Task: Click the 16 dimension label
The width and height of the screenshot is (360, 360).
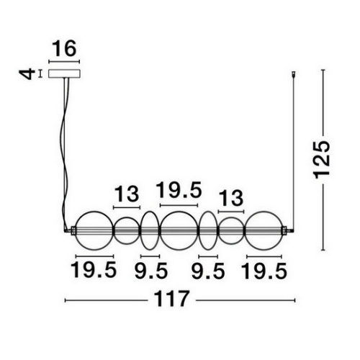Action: coord(64,49)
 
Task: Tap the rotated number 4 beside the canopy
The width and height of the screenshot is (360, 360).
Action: coord(27,74)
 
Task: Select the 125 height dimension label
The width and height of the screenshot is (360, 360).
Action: coord(322,160)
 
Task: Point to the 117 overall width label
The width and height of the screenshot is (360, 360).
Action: coord(171,299)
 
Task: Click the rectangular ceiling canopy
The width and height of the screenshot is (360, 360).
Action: coord(64,73)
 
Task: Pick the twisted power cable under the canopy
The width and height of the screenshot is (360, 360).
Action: coord(66,153)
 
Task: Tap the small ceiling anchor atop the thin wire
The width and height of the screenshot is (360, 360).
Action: coord(293,74)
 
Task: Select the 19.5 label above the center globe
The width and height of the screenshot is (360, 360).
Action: coord(179,190)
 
